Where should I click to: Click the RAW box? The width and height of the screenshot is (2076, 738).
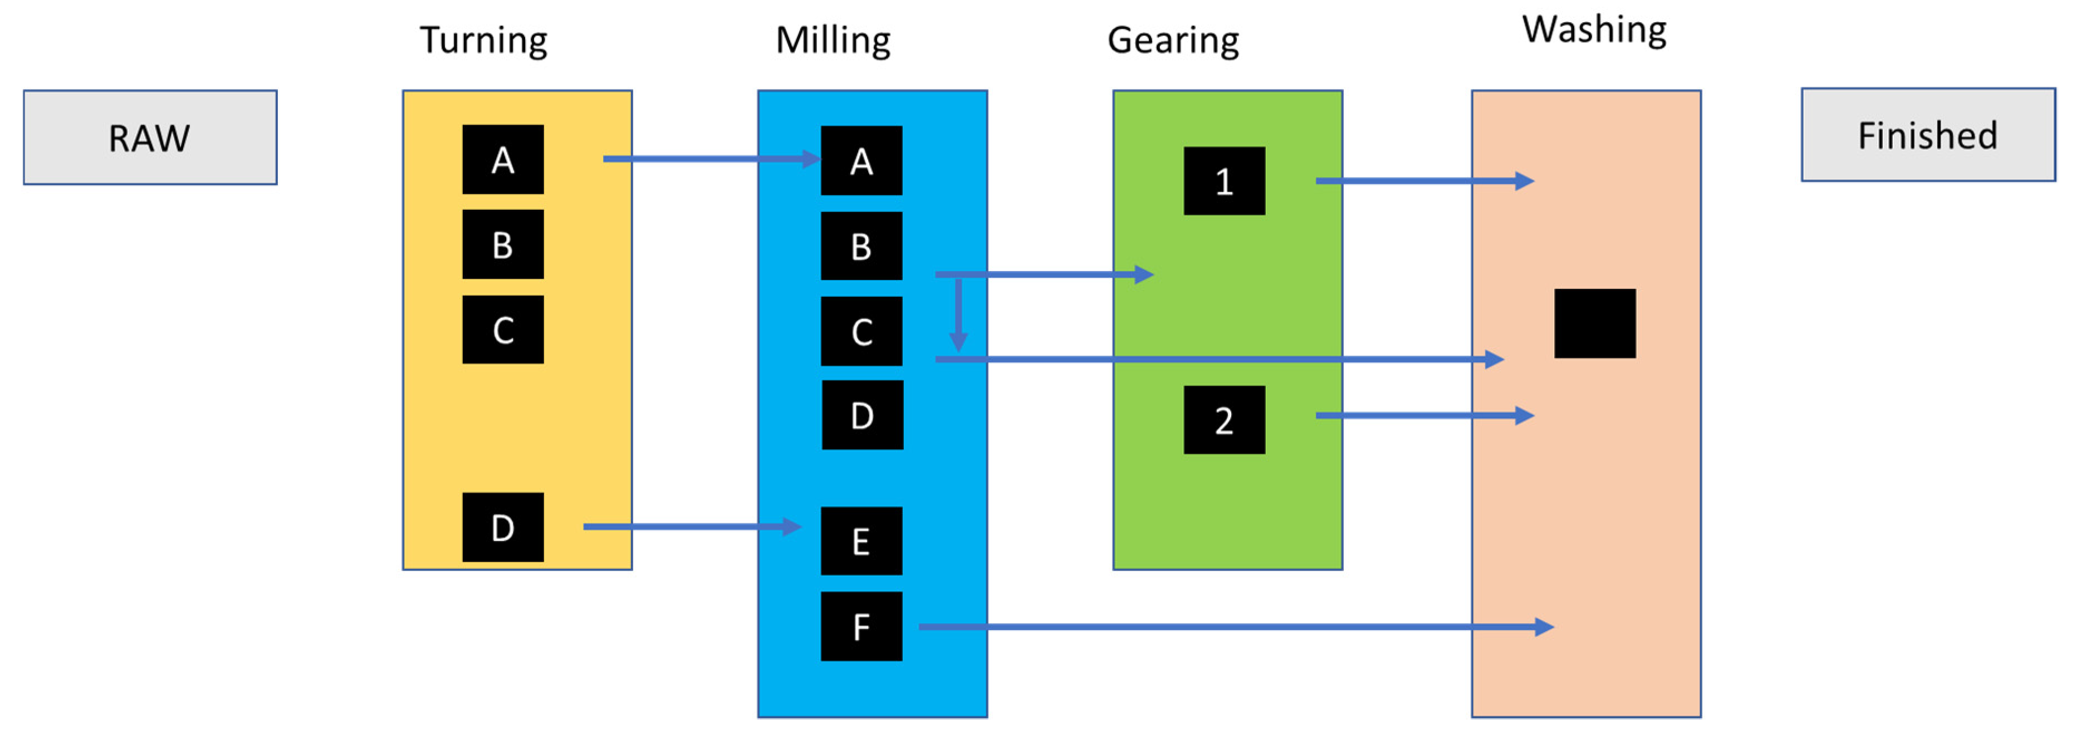pos(150,138)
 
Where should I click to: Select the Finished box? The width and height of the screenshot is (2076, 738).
pos(1928,135)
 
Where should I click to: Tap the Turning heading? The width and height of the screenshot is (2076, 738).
pos(483,40)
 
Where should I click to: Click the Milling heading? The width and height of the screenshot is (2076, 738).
pos(833,40)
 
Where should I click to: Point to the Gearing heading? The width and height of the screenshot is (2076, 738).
pos(1173,40)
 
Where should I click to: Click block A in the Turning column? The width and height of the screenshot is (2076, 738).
pos(503,160)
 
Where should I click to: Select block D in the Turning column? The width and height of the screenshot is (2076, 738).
pos(503,527)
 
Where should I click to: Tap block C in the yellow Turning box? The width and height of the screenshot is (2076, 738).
pos(503,329)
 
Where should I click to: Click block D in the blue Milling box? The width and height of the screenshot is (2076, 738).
pos(861,415)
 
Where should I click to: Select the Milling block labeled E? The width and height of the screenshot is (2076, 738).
pos(861,540)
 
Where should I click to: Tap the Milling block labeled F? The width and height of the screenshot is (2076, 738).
pos(861,626)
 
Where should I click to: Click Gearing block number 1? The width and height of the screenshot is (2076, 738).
pos(1223,180)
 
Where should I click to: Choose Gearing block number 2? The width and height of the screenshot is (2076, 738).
pos(1223,420)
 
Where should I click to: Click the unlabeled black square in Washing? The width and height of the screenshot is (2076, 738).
pos(1594,323)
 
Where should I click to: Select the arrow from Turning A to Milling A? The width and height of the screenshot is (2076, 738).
pos(709,159)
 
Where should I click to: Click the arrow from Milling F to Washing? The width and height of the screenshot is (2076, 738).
pos(1233,626)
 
